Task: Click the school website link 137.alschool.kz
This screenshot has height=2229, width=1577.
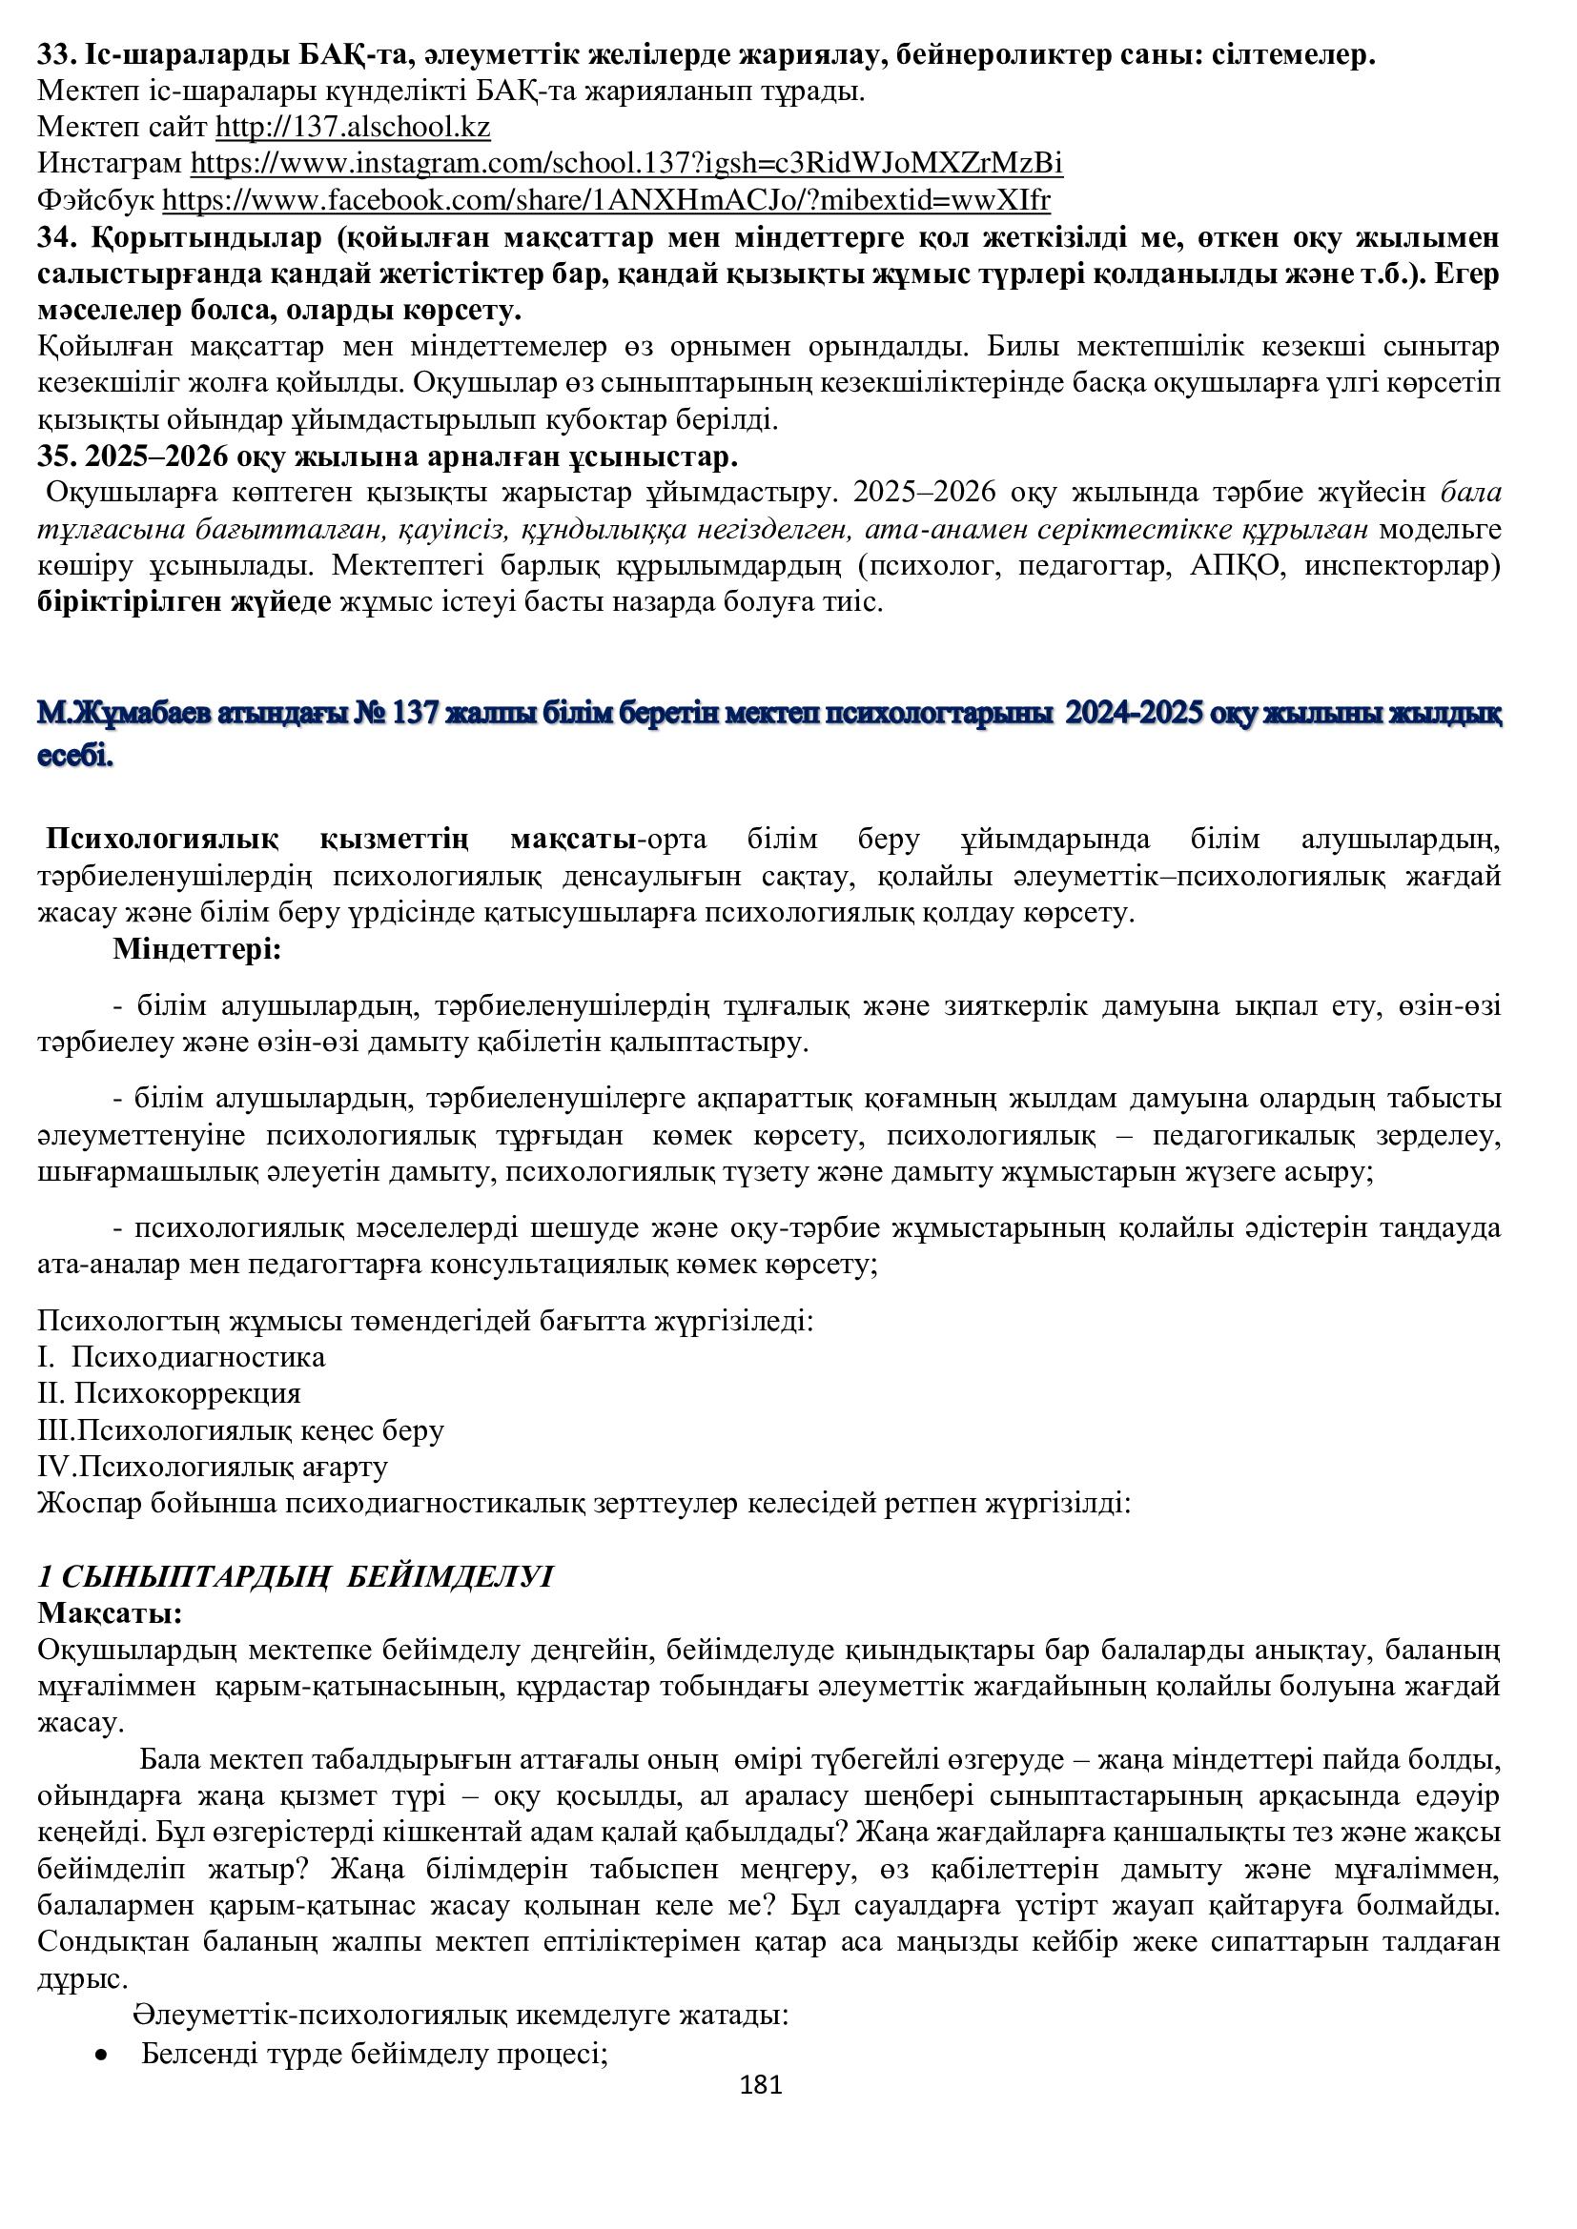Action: [x=352, y=127]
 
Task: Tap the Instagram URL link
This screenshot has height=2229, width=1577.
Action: [x=625, y=163]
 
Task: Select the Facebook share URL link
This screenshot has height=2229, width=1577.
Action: [x=605, y=200]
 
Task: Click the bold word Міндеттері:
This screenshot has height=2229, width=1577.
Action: [x=196, y=948]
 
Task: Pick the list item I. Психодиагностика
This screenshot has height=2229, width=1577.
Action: [x=181, y=1356]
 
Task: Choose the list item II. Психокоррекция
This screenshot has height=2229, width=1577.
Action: [x=169, y=1393]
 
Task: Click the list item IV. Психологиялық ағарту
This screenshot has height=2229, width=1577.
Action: [x=213, y=1466]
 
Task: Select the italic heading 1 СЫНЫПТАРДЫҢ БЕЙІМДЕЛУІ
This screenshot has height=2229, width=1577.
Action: [x=295, y=1576]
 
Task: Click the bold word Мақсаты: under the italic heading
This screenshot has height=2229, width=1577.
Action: [x=110, y=1613]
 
